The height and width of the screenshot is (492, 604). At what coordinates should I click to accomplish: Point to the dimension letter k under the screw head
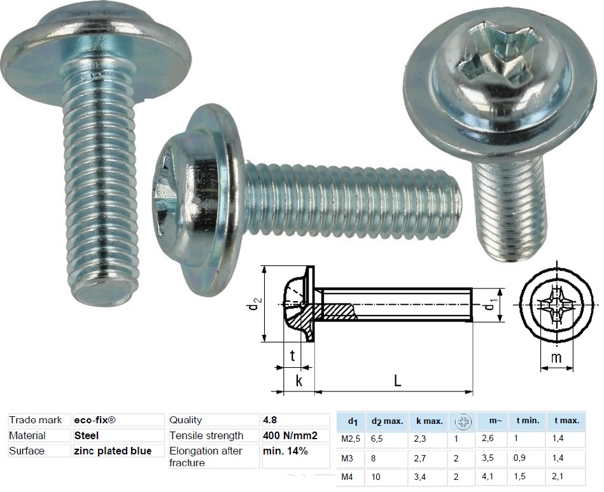(x=298, y=381)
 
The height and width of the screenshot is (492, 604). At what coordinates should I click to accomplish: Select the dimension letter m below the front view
(x=556, y=358)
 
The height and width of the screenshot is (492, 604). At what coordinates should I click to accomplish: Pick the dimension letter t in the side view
(x=292, y=356)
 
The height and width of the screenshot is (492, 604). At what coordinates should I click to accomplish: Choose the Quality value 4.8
(x=269, y=420)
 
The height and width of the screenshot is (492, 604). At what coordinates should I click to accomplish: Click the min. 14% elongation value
(x=285, y=451)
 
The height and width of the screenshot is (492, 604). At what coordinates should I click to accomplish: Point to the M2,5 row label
(x=351, y=439)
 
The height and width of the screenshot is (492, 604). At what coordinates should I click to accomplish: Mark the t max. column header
(x=566, y=421)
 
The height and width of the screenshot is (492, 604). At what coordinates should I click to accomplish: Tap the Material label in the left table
(x=27, y=435)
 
